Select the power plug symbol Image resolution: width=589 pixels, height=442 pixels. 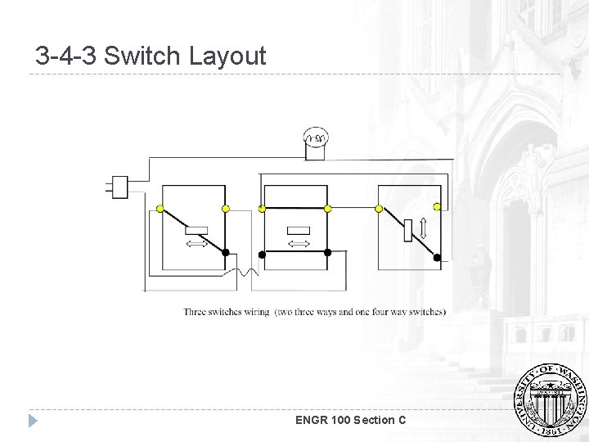pos(119,187)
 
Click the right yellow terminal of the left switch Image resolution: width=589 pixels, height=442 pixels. pos(227,208)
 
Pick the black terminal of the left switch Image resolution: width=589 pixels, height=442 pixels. pos(227,253)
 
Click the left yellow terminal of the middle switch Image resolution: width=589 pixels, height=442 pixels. pos(263,209)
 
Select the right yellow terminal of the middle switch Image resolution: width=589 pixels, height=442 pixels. pos(327,209)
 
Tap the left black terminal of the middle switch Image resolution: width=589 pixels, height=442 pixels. pos(263,253)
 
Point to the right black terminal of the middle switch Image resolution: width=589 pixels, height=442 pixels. pos(327,253)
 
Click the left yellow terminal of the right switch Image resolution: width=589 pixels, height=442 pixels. pos(379,209)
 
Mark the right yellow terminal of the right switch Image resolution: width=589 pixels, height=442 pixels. pos(437,207)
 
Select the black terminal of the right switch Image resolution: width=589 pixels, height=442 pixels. pos(437,257)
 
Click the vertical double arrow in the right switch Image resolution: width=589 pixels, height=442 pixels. pos(422,228)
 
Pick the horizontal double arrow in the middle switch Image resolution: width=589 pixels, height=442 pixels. pos(299,244)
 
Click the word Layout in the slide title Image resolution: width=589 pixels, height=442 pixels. pos(227,56)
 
